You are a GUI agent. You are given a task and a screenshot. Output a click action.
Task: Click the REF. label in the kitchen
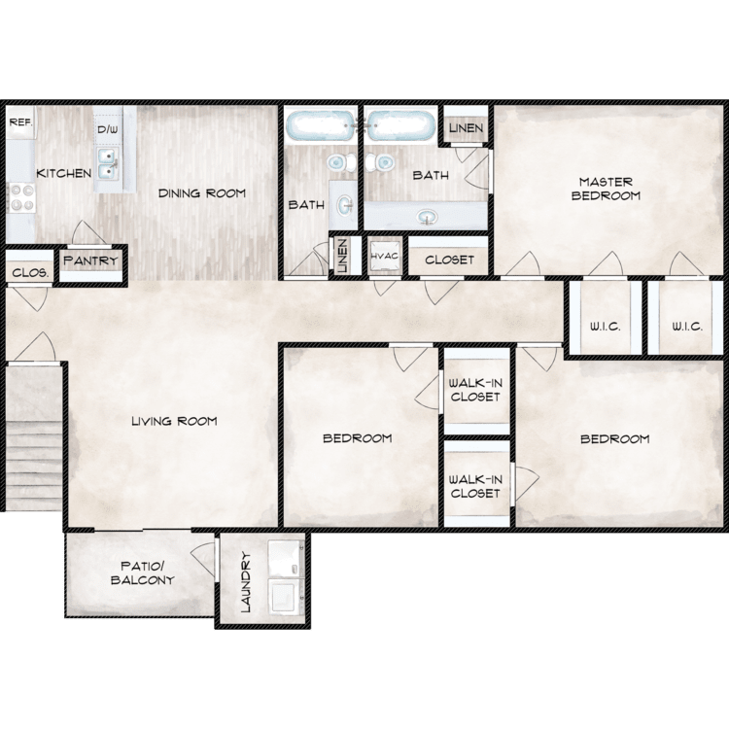tap(21, 122)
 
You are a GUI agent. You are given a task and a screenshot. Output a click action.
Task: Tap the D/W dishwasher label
tap(107, 129)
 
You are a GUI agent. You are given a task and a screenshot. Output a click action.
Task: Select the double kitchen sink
tap(107, 163)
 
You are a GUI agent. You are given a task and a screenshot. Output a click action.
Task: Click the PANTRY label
tap(90, 260)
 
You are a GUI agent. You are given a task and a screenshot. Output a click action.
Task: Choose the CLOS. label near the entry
tap(30, 272)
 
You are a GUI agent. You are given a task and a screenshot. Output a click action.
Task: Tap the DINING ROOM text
tap(202, 193)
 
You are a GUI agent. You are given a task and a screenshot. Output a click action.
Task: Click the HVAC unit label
tap(385, 257)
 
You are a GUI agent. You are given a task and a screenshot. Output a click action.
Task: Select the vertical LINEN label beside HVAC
tap(343, 257)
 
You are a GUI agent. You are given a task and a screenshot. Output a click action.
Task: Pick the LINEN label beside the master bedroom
tap(466, 128)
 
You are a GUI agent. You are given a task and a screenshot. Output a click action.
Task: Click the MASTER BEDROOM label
tap(606, 189)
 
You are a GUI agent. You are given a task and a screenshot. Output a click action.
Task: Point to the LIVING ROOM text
tap(174, 421)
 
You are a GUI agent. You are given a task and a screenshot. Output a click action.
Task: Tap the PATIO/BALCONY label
tap(142, 573)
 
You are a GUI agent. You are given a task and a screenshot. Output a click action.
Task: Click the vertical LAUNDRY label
tap(246, 581)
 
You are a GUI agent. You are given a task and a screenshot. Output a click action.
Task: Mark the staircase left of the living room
tap(33, 437)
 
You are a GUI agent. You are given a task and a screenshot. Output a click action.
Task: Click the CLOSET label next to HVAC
tap(450, 260)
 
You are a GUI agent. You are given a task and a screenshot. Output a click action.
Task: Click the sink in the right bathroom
tap(428, 217)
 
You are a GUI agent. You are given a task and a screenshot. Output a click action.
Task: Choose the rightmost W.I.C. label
tap(686, 327)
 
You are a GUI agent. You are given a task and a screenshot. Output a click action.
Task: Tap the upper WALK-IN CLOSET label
tap(475, 390)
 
